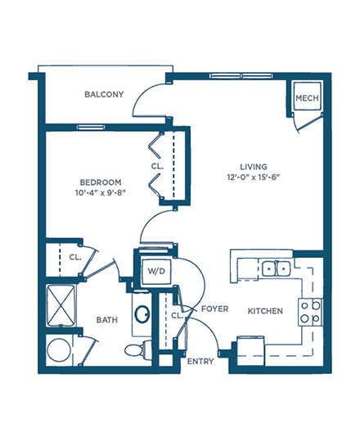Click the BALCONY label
104,94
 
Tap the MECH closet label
307,98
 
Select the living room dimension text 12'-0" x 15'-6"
253,178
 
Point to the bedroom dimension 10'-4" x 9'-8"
101,193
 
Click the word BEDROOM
101,182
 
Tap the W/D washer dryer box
156,272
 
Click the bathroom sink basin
142,314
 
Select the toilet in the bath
138,349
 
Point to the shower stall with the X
61,305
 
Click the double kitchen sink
276,268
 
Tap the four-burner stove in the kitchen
310,312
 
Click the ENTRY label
200,361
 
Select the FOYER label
214,309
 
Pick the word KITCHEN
265,311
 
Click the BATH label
107,320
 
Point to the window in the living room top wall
241,76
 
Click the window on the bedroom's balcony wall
91,127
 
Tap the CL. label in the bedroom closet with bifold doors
157,166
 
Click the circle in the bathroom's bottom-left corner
59,350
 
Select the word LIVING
254,167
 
